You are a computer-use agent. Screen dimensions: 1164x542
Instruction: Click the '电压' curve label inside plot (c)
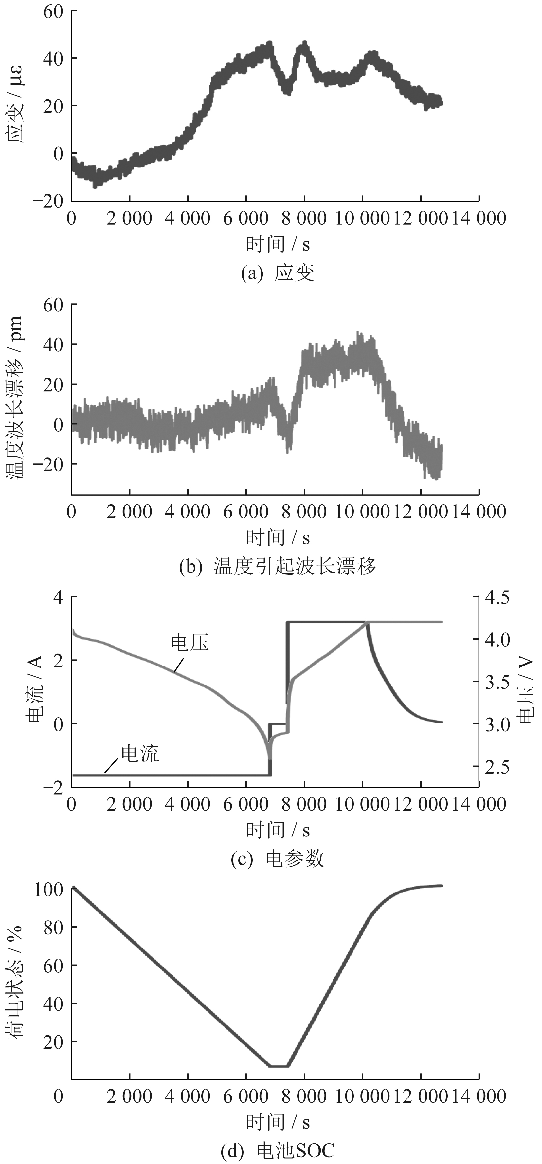click(190, 643)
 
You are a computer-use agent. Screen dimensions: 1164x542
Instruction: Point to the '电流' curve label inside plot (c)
click(140, 754)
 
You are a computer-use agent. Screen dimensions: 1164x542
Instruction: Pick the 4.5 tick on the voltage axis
click(497, 597)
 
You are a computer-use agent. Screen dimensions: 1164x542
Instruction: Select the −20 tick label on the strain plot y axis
click(48, 201)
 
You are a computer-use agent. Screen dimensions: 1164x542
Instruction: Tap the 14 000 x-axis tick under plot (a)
click(479, 219)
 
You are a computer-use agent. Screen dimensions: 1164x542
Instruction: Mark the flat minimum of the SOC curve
click(279, 1066)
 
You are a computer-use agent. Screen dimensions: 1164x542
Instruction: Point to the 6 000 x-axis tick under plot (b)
click(246, 512)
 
